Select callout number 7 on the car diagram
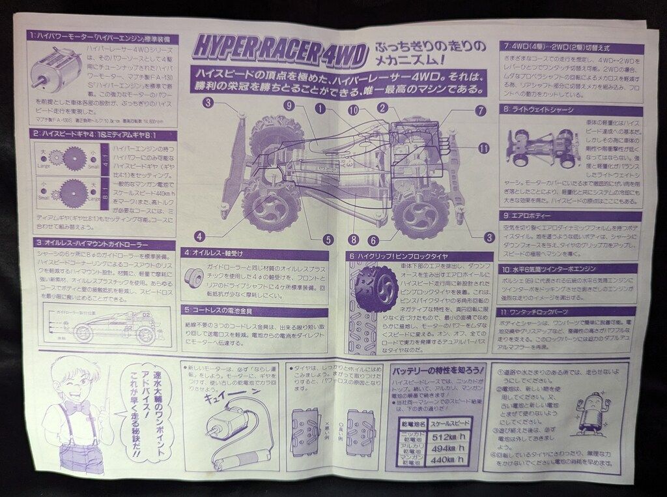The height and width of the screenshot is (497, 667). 481,111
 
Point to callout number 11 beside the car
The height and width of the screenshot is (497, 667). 483,148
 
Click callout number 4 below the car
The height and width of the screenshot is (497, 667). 199,235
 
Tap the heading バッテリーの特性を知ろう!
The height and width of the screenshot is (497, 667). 437,370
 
